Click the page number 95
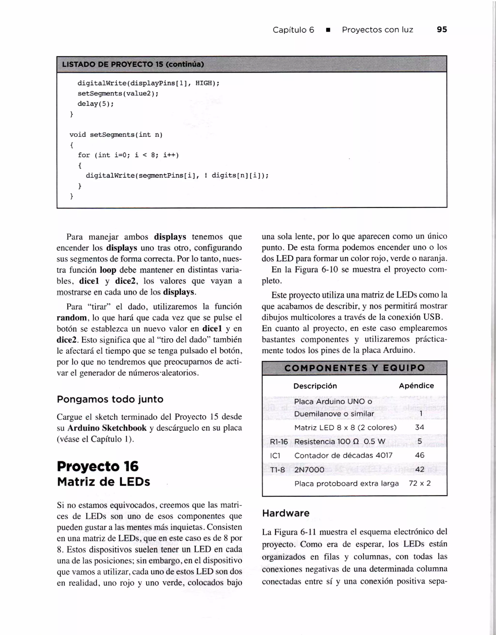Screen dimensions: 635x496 point(442,30)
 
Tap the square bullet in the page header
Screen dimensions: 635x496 point(328,30)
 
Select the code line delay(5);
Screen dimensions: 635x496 point(96,104)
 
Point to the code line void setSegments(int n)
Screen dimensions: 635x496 point(116,135)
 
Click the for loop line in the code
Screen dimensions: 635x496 point(128,155)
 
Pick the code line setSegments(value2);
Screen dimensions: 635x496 point(118,94)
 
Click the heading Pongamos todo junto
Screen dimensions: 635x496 point(110,399)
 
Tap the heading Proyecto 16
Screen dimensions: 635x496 point(98,466)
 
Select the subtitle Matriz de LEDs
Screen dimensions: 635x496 point(103,482)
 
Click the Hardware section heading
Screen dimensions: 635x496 point(286,513)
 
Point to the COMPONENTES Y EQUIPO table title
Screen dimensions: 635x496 point(355,368)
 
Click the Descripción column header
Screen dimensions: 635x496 point(315,386)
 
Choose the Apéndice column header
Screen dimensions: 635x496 point(416,386)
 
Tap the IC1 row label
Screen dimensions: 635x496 point(275,456)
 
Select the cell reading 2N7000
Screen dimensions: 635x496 point(309,470)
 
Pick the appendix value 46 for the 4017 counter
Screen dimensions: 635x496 point(419,455)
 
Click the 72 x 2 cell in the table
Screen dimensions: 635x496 point(419,483)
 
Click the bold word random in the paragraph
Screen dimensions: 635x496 point(71,318)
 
